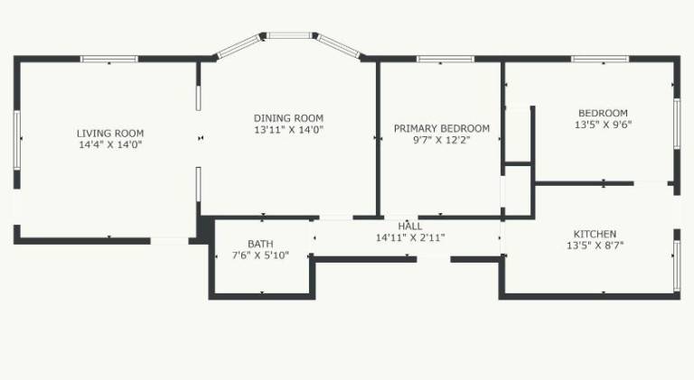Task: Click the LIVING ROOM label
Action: point(110,133)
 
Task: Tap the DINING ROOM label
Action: point(288,118)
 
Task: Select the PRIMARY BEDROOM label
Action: point(442,128)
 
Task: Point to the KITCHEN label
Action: point(595,234)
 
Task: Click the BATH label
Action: point(260,244)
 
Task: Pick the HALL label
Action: point(410,227)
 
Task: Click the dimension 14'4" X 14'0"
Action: point(110,144)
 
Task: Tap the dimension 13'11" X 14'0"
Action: point(288,129)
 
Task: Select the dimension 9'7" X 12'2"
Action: point(441,140)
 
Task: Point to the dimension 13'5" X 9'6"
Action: point(603,125)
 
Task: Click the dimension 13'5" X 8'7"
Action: point(595,246)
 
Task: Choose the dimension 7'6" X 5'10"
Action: point(260,255)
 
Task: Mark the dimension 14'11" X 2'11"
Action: point(410,237)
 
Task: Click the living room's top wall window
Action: point(109,59)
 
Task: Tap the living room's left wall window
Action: point(17,140)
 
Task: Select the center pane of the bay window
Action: point(289,35)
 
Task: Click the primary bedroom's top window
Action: point(445,59)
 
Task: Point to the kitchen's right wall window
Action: point(677,265)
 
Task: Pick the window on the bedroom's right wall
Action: point(677,124)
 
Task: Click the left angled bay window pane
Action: point(239,46)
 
